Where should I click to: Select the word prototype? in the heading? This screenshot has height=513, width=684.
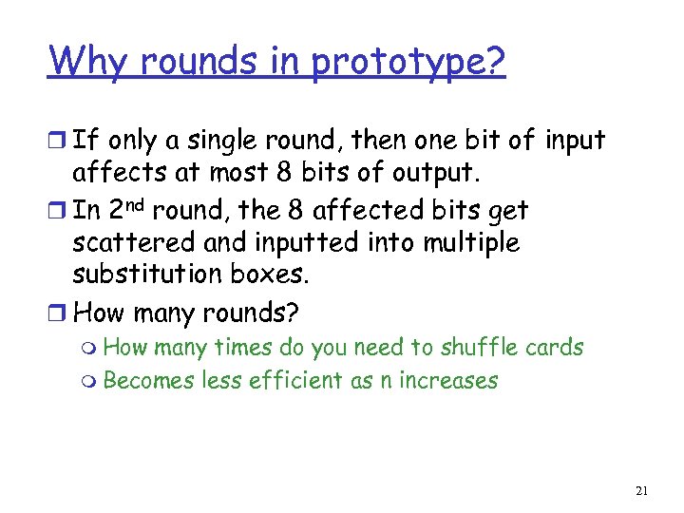click(x=408, y=64)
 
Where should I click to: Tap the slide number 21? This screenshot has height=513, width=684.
click(x=640, y=491)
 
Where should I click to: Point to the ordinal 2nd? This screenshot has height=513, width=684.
click(x=126, y=208)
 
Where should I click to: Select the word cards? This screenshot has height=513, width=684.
click(x=556, y=348)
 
